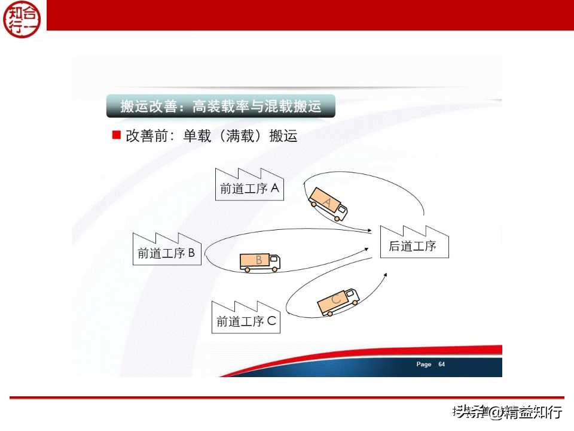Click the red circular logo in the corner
[x=22, y=19]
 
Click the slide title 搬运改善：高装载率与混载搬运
[x=221, y=107]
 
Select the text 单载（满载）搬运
[x=240, y=136]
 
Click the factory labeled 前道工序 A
[x=250, y=186]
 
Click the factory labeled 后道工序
[x=414, y=243]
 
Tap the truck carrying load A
[x=328, y=204]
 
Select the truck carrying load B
[x=259, y=262]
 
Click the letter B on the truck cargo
[x=259, y=260]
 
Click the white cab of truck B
[x=274, y=261]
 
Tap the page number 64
[x=442, y=364]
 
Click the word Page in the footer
[x=424, y=364]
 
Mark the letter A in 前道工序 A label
[x=274, y=188]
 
